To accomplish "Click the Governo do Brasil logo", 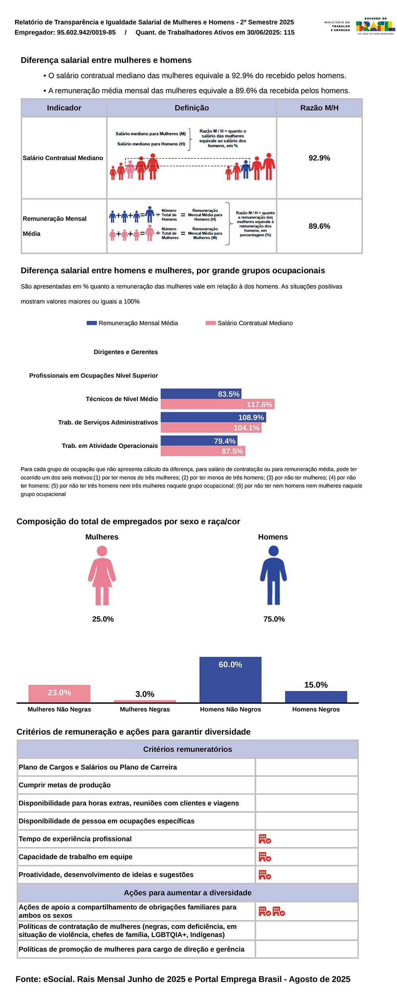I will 375,26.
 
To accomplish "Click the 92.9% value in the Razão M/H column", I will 319,158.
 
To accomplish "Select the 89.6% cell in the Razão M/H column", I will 319,226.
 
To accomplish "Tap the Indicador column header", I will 64,108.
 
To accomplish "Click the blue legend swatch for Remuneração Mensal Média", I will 92,323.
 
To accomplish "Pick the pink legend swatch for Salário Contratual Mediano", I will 210,323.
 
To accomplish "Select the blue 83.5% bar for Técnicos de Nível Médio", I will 201,394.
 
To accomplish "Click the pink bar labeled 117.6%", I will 218,404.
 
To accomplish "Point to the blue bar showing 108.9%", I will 213,417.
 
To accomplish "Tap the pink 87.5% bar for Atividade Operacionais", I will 203,451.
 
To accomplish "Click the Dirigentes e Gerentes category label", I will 125,352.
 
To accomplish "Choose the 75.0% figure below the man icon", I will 274,619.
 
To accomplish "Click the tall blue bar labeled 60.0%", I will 230,680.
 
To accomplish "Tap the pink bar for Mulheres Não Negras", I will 59,694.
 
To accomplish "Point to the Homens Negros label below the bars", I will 316,709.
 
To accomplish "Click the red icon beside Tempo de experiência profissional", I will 265,839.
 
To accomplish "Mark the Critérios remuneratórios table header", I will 187,749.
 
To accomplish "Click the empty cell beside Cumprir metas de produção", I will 306,785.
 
